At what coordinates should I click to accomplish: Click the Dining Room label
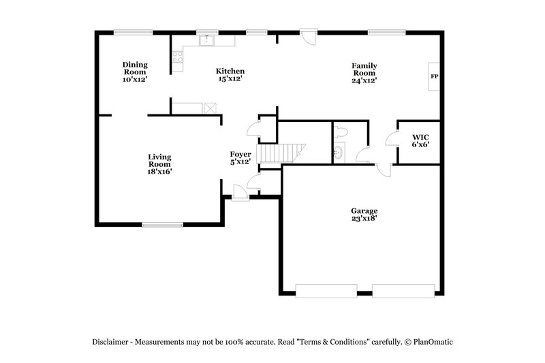tap(134, 72)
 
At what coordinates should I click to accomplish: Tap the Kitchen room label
tap(230, 74)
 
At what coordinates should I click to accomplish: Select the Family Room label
tap(364, 72)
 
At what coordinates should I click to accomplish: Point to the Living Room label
tap(159, 164)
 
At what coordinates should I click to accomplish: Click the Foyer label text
tap(241, 158)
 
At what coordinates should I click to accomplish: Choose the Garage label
tap(364, 215)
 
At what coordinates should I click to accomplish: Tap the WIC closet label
tap(420, 140)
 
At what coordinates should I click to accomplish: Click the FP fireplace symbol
tap(434, 76)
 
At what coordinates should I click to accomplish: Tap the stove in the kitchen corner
tap(177, 58)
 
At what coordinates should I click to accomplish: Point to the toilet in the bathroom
tap(341, 131)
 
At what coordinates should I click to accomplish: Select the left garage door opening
tap(324, 291)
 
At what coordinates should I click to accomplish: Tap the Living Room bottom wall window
tap(162, 224)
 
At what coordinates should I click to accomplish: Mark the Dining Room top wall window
tap(133, 31)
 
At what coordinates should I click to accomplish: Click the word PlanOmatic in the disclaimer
tap(429, 342)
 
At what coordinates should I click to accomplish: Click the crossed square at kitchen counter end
tap(210, 108)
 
